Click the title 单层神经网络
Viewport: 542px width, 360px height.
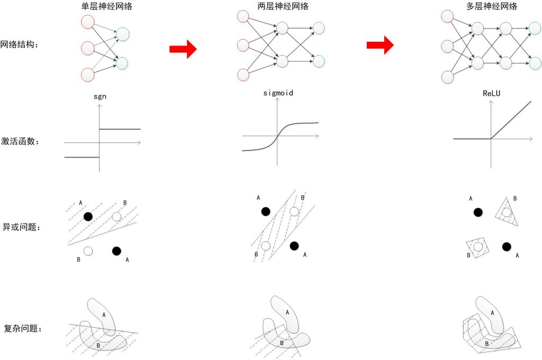(105, 7)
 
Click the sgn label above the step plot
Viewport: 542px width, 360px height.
(99, 97)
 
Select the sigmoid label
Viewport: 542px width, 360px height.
(278, 93)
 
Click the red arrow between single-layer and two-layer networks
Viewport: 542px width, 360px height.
(183, 49)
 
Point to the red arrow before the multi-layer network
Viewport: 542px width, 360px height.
(380, 45)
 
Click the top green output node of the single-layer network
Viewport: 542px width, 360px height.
(122, 35)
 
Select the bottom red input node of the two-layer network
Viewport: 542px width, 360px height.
(243, 75)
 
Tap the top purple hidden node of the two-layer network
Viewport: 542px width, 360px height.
(282, 28)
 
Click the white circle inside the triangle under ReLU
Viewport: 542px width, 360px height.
(507, 213)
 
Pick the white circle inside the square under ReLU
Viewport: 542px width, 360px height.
(478, 246)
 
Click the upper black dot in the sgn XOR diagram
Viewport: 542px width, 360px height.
(88, 216)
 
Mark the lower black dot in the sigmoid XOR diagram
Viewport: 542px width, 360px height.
(294, 246)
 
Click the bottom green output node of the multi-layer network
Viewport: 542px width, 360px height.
(534, 63)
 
